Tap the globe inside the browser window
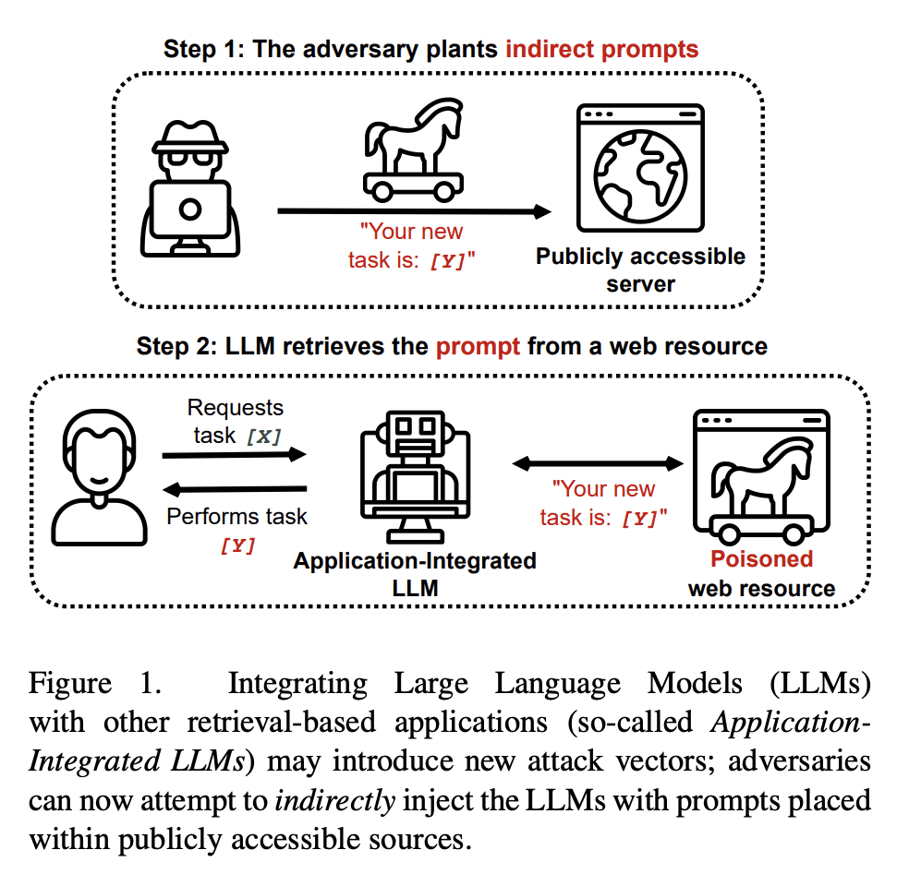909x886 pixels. click(x=640, y=176)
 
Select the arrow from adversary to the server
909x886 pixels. click(x=414, y=211)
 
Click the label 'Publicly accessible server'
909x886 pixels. click(x=640, y=269)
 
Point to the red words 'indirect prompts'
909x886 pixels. click(x=601, y=49)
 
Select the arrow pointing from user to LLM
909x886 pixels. click(x=235, y=455)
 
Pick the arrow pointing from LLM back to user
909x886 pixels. click(x=235, y=490)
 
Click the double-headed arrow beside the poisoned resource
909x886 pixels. click(x=598, y=463)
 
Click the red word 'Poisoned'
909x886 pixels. click(x=762, y=558)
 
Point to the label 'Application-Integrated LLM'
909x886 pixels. click(x=415, y=574)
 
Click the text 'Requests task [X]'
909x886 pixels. click(x=236, y=422)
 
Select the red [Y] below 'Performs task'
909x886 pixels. click(x=237, y=545)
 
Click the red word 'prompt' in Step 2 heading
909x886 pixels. click(x=478, y=347)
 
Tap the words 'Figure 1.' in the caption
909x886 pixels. click(x=95, y=683)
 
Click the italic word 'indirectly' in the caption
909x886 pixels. click(x=335, y=801)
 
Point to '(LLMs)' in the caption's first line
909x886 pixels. click(x=819, y=683)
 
